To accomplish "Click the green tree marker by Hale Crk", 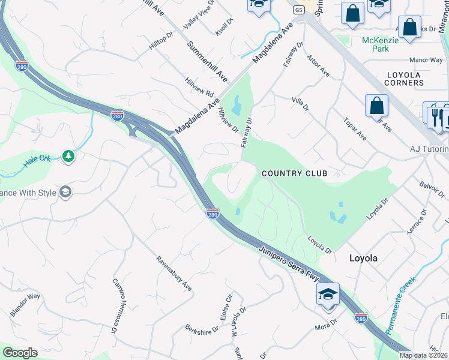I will (68, 157).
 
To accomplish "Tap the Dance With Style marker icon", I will (65, 192).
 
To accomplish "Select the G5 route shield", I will (298, 10).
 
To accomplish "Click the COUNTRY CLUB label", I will (295, 173).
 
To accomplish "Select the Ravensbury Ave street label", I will (173, 274).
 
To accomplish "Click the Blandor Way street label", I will (25, 305).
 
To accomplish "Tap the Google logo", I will (20, 353).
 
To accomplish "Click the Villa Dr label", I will (300, 104).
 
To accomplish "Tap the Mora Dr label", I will (327, 326).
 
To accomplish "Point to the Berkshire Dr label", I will (202, 330).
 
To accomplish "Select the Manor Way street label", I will (426, 60).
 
